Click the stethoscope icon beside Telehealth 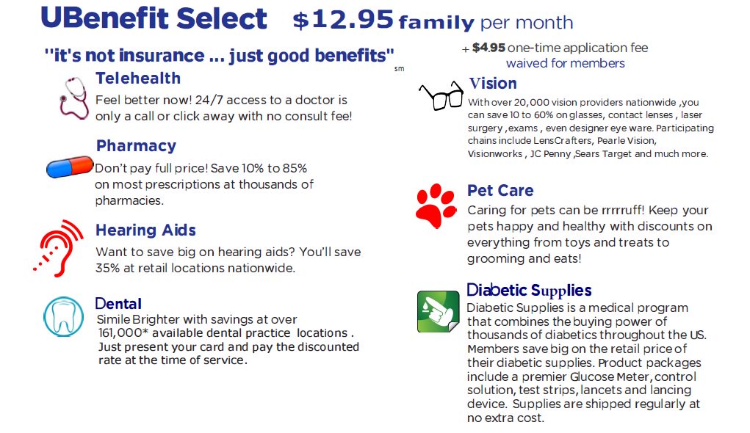pos(74,97)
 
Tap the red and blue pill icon pos(70,167)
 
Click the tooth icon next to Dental pos(64,316)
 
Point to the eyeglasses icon pos(441,96)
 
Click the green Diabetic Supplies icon pos(438,311)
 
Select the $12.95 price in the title pos(343,21)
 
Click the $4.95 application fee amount pos(488,48)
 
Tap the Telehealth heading pos(138,79)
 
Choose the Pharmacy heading pos(136,145)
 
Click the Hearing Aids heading pos(145,230)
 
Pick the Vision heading pos(493,83)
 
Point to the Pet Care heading pos(500,191)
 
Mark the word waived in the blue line pos(526,64)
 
